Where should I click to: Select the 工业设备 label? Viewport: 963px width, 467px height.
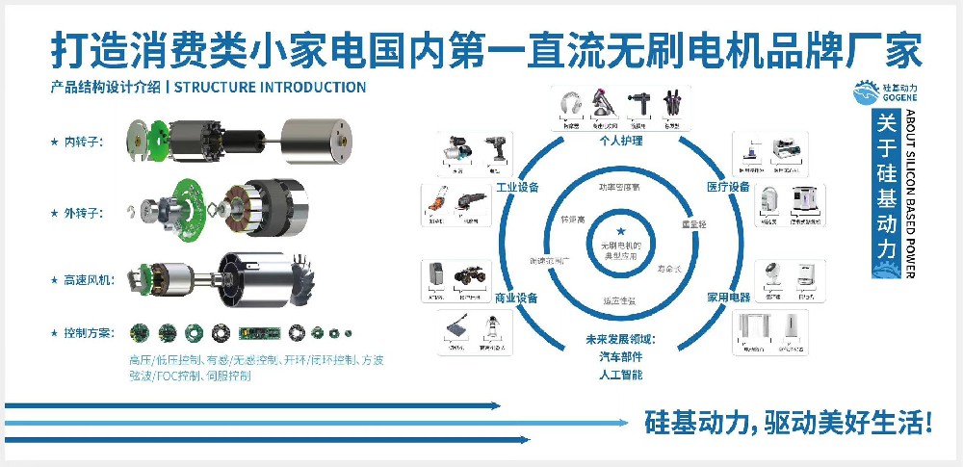[x=516, y=187]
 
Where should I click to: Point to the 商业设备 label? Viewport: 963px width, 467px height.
[x=516, y=298]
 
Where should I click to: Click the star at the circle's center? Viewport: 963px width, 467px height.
[x=621, y=230]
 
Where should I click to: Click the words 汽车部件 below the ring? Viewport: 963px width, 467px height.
[x=620, y=356]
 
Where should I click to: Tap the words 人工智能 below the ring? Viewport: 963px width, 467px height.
[x=620, y=374]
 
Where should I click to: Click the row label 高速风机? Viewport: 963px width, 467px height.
[x=89, y=280]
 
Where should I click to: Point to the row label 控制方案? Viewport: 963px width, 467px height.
[x=89, y=333]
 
